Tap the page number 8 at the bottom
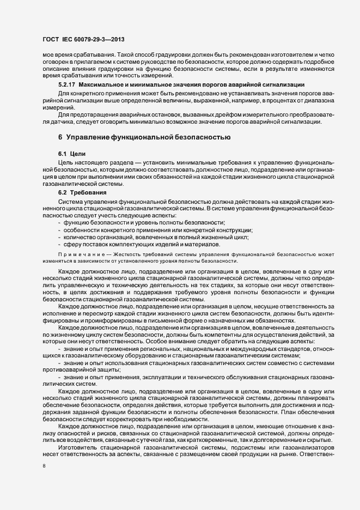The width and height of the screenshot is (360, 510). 44,466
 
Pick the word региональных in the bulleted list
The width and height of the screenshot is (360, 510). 160,348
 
